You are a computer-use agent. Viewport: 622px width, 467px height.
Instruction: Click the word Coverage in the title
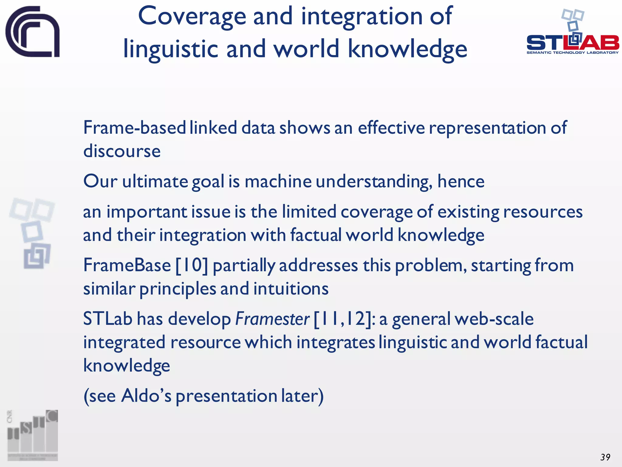tap(192, 17)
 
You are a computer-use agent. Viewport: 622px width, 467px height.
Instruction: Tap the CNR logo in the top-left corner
tap(32, 32)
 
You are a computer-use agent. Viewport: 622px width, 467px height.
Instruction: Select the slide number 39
tap(605, 457)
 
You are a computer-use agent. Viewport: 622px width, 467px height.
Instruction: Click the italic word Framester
tap(272, 319)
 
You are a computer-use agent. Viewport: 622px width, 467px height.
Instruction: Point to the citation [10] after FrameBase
tap(192, 265)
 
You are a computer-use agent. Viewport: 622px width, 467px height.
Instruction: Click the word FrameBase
tap(127, 265)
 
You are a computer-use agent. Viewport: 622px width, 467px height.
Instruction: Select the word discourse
tap(122, 151)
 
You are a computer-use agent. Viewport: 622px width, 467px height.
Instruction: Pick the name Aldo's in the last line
tap(146, 396)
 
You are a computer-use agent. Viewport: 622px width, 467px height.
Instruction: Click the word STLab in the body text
tap(108, 319)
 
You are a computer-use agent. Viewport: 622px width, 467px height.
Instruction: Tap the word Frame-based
tap(135, 128)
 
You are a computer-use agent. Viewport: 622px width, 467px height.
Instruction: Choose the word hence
tap(461, 182)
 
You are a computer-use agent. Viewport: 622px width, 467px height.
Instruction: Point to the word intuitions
tap(291, 289)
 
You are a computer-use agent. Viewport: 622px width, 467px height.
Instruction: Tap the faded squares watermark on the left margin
tap(32, 233)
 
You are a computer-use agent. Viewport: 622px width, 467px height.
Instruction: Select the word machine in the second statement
tap(278, 182)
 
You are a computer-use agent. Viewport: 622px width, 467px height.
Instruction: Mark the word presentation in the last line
tap(226, 396)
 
